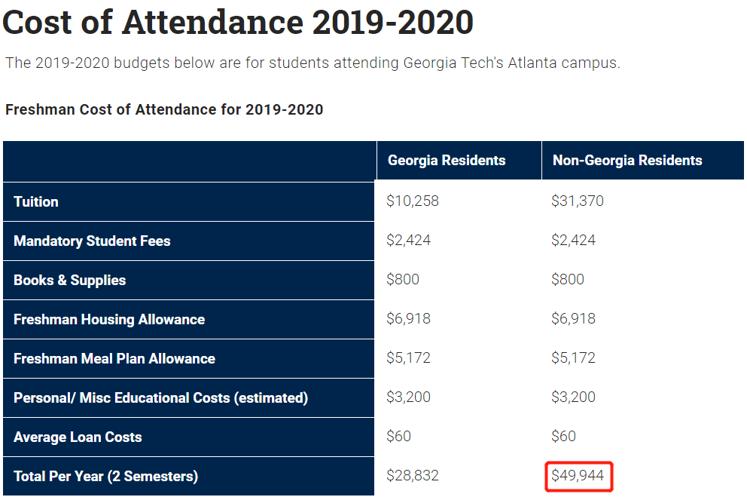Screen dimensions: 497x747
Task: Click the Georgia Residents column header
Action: [x=447, y=161]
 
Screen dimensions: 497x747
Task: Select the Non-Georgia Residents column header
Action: [x=627, y=161]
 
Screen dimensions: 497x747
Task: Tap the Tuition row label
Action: [x=36, y=201]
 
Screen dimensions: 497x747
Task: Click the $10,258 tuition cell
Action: [x=413, y=201]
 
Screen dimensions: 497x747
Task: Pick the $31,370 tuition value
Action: [x=578, y=201]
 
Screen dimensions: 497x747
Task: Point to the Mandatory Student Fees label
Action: [x=92, y=241]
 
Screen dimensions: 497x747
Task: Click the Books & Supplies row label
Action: [x=70, y=280]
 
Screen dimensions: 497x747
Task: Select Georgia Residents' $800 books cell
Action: [x=403, y=280]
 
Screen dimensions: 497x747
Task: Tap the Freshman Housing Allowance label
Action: [x=109, y=319]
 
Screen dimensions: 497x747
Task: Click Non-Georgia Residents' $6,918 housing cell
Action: [x=574, y=319]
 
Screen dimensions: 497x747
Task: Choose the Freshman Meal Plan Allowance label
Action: [x=114, y=358]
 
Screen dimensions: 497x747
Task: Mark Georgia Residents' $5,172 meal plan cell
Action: [x=409, y=358]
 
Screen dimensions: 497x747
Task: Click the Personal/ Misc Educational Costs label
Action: [x=160, y=397]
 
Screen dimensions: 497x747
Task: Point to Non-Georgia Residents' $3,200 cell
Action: [x=574, y=397]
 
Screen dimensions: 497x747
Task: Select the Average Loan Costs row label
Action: [x=78, y=437]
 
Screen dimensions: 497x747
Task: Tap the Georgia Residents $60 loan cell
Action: [x=399, y=437]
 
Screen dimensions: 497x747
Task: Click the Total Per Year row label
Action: [x=106, y=476]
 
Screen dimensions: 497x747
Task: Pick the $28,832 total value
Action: [x=413, y=476]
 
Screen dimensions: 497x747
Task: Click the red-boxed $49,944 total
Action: [x=579, y=476]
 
